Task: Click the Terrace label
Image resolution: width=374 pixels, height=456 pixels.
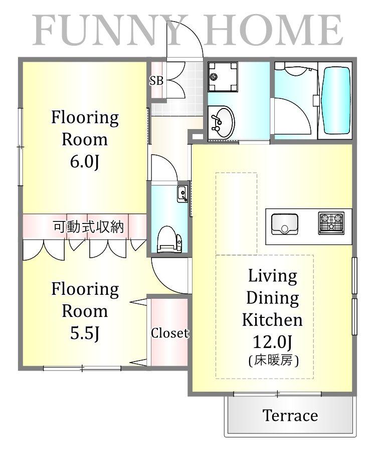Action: tap(290, 416)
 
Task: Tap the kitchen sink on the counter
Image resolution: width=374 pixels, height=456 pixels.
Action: tap(284, 224)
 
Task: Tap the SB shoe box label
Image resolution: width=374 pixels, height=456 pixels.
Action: tap(156, 80)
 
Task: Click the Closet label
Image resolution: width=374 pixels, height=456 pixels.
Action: tap(169, 333)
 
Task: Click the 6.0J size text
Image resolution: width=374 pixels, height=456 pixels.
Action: tap(85, 162)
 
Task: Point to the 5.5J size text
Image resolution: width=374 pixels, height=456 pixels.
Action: tap(85, 333)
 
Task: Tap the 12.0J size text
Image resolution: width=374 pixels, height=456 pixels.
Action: tap(273, 342)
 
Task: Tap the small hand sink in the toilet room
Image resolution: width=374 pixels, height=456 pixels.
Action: tap(181, 192)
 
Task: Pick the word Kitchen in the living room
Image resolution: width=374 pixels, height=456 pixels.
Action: tap(272, 320)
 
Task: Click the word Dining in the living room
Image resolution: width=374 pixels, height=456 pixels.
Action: tap(272, 298)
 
